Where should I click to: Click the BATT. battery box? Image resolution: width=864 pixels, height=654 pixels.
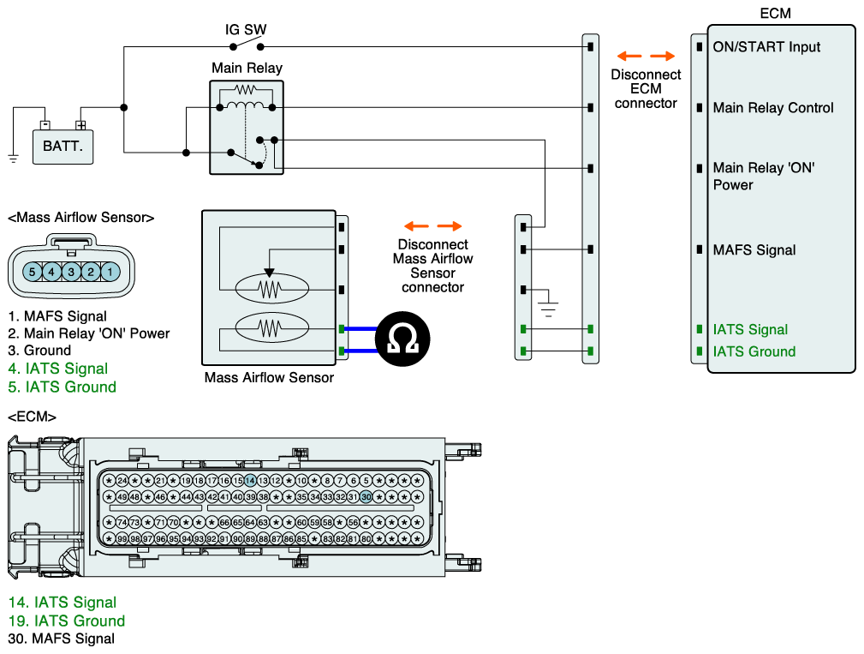63,146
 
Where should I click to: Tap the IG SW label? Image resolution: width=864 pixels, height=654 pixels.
246,29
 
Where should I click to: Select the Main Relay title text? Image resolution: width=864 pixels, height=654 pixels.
247,68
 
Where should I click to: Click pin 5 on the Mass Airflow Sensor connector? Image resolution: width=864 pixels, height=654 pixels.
33,272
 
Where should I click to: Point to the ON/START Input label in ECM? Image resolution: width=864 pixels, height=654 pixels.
766,47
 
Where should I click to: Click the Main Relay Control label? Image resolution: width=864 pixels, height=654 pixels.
772,108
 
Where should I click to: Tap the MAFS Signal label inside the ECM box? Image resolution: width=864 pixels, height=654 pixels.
754,250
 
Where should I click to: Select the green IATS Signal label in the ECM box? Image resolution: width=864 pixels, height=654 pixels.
750,330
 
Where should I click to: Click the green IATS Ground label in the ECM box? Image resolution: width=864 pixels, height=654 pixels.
754,351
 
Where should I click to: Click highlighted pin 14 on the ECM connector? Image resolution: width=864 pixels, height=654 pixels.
250,481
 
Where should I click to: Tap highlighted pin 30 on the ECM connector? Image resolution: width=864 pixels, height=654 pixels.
366,497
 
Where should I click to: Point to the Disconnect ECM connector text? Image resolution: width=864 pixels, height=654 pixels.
646,88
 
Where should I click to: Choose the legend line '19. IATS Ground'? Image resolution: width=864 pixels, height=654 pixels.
67,621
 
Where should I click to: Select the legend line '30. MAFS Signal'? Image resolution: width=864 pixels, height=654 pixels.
62,639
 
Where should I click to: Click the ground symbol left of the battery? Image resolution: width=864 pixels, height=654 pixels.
13,158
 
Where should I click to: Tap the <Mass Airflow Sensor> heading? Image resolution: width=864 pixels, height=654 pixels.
80,218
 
